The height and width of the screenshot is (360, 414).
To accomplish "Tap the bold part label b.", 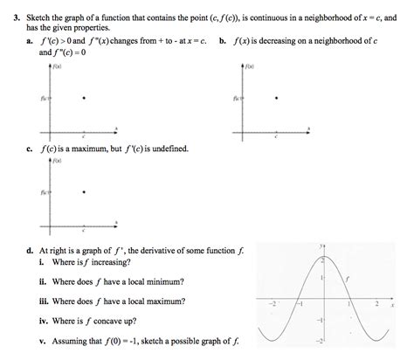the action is [x=224, y=41].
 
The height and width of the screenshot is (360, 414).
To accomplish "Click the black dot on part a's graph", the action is [x=82, y=99].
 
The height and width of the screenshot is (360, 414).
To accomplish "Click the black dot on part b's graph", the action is [x=277, y=99].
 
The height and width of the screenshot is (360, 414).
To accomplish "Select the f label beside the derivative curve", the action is [x=347, y=277].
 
